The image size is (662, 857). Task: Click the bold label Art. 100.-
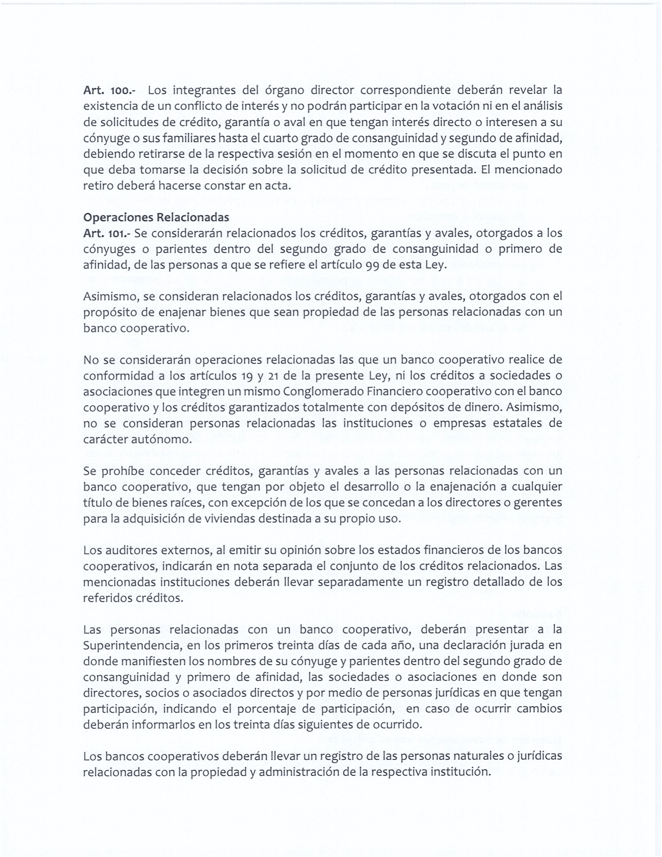(109, 91)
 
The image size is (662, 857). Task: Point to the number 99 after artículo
(373, 265)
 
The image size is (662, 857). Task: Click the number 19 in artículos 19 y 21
(246, 376)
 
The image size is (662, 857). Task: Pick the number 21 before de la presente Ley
(274, 376)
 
